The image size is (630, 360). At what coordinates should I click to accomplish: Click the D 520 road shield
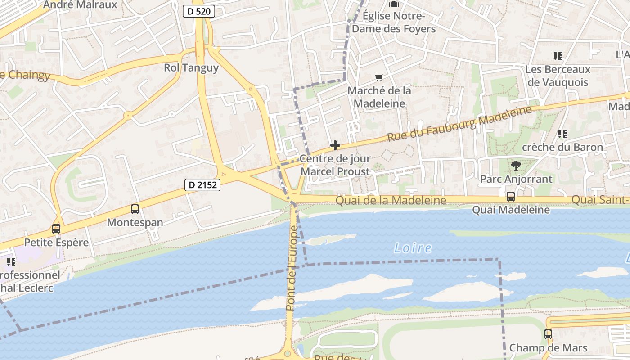(198, 11)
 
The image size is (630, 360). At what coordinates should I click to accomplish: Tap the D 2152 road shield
(203, 184)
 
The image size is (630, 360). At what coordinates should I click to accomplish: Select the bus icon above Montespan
(135, 209)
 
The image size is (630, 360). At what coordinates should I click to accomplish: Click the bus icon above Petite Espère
(56, 229)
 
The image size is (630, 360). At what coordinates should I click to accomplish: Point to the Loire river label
(413, 248)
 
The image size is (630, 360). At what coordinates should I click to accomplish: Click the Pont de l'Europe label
(292, 269)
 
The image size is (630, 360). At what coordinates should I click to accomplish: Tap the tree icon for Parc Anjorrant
(516, 166)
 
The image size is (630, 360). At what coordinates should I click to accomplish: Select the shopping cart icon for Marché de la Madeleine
(379, 77)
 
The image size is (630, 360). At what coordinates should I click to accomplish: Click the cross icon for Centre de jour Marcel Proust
(335, 145)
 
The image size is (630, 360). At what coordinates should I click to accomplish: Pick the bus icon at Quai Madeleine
(511, 197)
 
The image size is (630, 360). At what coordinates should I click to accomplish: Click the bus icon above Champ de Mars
(548, 334)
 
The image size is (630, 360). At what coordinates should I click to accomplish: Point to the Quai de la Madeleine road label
(391, 201)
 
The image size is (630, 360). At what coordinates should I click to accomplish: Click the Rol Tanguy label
(191, 68)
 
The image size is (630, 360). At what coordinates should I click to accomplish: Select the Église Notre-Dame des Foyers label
(394, 22)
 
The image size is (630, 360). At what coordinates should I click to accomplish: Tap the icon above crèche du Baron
(562, 134)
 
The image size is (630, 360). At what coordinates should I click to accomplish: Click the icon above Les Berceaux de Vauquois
(558, 56)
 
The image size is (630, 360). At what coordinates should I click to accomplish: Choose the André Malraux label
(80, 5)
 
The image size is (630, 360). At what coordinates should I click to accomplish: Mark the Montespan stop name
(135, 223)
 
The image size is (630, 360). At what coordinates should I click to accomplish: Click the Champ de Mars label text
(548, 348)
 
